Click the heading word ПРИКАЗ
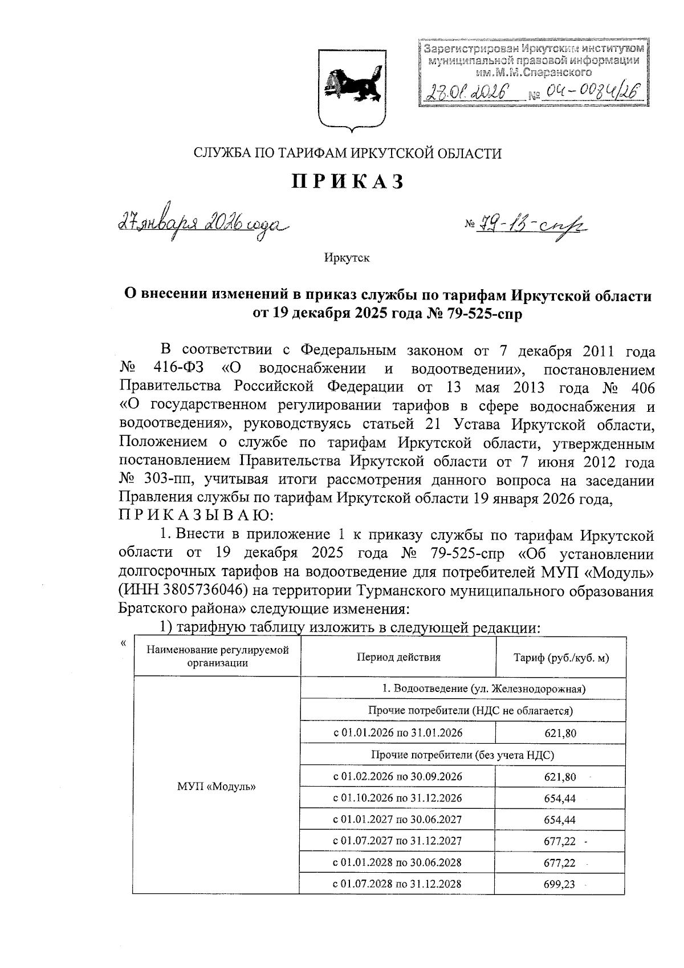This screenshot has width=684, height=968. (x=348, y=181)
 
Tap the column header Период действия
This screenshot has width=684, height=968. (x=398, y=657)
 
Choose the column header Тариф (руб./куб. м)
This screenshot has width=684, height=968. (x=561, y=658)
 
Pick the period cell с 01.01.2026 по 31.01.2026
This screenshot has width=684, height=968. (x=397, y=733)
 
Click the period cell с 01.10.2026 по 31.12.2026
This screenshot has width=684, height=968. (x=397, y=798)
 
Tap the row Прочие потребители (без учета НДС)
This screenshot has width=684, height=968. (x=462, y=755)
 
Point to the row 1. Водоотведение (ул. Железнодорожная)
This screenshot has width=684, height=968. (x=462, y=689)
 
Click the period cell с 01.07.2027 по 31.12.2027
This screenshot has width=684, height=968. (x=397, y=841)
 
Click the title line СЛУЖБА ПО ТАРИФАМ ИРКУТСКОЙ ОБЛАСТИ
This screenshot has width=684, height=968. (x=348, y=153)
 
